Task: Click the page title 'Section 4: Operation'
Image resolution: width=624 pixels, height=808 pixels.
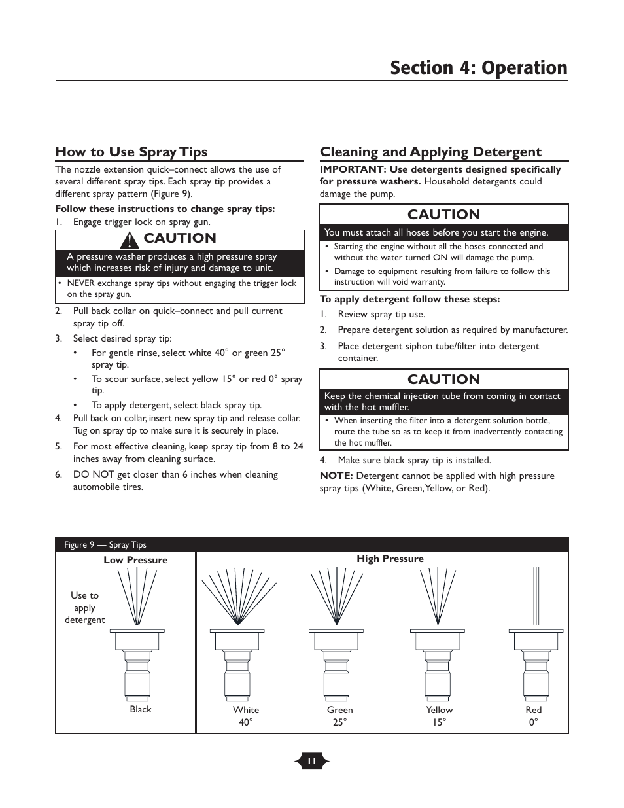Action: coord(478,68)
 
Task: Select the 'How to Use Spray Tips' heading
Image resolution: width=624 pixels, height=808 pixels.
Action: coord(131,152)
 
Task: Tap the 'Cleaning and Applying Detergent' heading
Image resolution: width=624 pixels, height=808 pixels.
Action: coord(430,152)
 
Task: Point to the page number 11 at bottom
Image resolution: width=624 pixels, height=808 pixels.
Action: coord(312,761)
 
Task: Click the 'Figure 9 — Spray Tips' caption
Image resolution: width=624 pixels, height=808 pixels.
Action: coord(105,544)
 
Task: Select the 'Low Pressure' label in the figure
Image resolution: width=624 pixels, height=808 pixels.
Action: coord(135,560)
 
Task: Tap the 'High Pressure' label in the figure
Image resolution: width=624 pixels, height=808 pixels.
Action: coord(390,559)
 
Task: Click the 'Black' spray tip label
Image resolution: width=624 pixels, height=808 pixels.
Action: coord(140,709)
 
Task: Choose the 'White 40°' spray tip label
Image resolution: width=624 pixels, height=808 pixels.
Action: coord(246,716)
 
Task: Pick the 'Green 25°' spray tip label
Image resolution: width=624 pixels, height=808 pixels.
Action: coord(339,716)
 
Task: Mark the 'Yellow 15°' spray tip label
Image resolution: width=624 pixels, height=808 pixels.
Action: coord(439,716)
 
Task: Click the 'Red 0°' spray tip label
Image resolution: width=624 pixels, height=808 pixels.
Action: coord(534,716)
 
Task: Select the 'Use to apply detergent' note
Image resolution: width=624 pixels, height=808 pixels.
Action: coord(84,607)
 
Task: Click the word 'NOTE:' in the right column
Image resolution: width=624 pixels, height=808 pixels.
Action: coord(336,476)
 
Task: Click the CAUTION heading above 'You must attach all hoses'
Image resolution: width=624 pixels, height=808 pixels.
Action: coord(443,215)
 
